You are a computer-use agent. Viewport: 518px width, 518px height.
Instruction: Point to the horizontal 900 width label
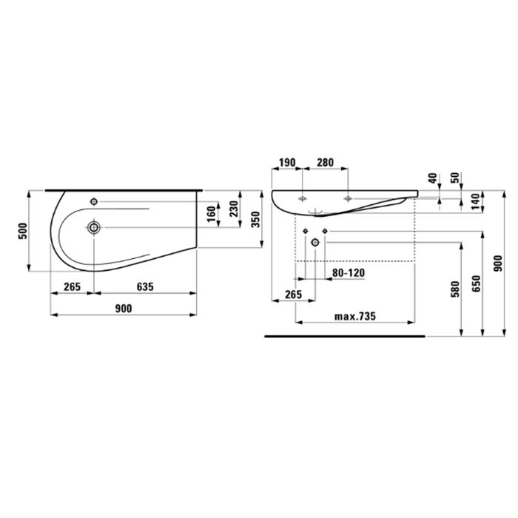[x=124, y=309]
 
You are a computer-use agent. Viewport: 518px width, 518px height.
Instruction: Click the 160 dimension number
[x=212, y=213]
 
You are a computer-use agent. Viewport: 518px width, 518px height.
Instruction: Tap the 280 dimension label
[x=323, y=162]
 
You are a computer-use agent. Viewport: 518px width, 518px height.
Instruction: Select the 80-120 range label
[x=349, y=272]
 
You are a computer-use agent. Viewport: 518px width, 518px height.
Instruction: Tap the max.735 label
[x=355, y=316]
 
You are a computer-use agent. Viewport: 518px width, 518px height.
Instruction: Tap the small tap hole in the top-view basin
[x=94, y=201]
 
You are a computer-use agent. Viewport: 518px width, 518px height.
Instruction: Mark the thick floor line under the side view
[x=345, y=336]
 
